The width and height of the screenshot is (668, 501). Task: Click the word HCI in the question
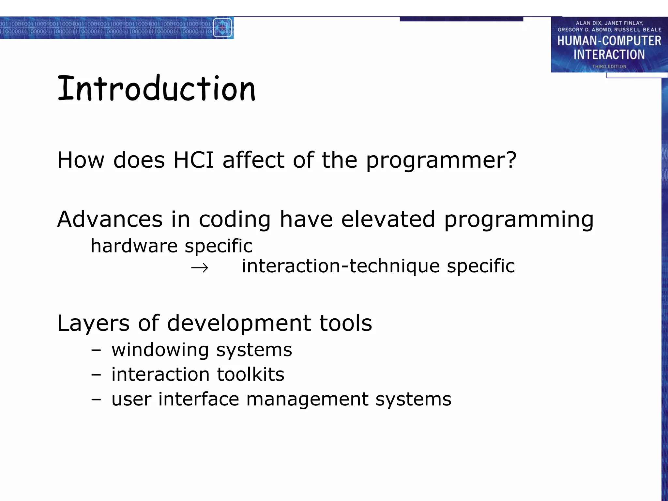coord(193,160)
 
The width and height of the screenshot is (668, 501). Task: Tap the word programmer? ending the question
coord(441,161)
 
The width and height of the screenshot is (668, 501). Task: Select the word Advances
coord(110,219)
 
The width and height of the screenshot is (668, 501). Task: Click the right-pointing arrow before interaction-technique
coord(200,268)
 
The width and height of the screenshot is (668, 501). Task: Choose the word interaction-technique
coord(341,266)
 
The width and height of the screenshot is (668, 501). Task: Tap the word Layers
coord(93,324)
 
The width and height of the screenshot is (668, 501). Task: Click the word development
coord(239,324)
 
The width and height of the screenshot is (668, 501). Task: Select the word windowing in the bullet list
coord(160,350)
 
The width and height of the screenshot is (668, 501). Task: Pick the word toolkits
coord(250,374)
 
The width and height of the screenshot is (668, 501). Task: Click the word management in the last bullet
coord(307,399)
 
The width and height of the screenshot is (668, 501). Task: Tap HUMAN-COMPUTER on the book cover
coord(609,41)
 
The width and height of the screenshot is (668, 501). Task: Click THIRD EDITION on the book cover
coord(609,66)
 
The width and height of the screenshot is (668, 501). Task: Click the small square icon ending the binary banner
coord(222,28)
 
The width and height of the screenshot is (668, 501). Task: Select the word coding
coord(235,219)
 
